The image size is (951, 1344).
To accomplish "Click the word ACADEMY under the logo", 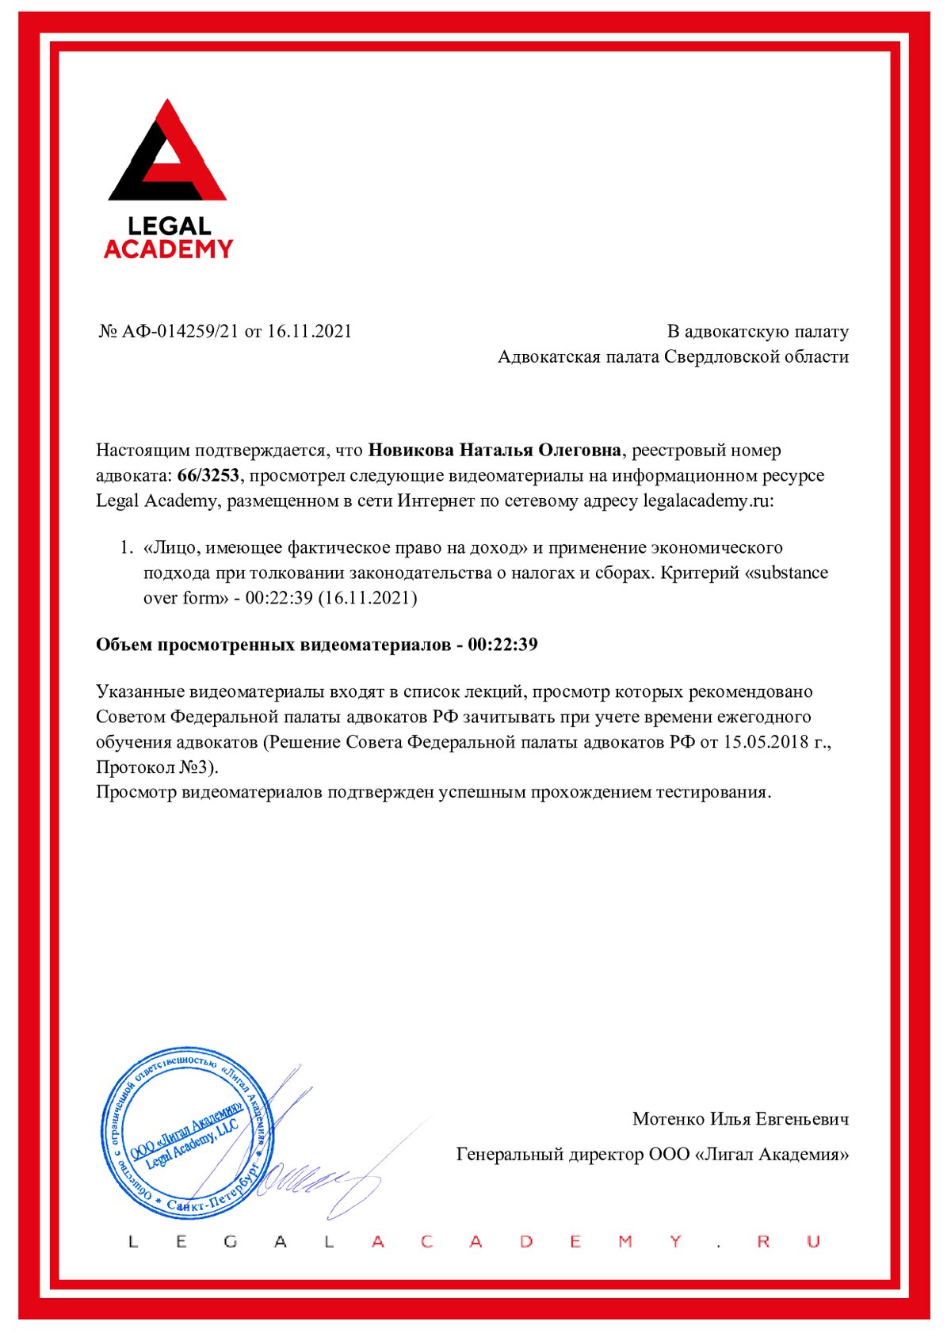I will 168,249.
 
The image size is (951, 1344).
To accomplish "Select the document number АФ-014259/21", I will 180,331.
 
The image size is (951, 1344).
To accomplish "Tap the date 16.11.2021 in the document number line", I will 309,331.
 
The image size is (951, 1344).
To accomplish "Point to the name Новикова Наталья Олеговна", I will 495,450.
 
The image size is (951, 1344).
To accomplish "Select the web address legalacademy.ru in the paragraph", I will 706,501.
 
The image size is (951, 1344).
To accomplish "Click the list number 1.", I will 125,547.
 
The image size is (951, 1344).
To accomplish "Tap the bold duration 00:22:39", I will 502,644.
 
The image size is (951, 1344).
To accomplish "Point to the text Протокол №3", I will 155,767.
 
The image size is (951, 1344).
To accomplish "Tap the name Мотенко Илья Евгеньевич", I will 740,1119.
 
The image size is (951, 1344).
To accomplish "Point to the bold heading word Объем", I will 124,644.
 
